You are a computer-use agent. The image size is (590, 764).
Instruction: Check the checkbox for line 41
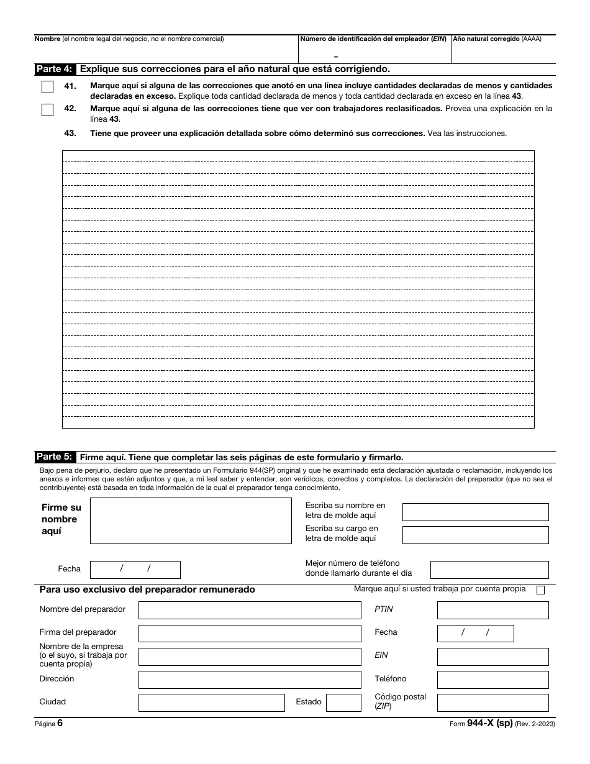pyautogui.click(x=47, y=87)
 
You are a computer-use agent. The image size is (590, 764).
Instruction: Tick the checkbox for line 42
pyautogui.click(x=47, y=110)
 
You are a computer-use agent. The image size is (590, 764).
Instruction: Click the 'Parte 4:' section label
pyautogui.click(x=55, y=69)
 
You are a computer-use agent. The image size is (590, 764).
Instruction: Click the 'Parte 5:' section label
pyautogui.click(x=55, y=457)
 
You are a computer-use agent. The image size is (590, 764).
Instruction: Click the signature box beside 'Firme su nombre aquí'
pyautogui.click(x=191, y=521)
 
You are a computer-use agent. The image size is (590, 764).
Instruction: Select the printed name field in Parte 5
pyautogui.click(x=475, y=512)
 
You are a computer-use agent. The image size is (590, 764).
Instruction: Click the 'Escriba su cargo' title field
pyautogui.click(x=475, y=535)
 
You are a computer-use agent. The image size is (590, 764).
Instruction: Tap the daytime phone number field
pyautogui.click(x=489, y=570)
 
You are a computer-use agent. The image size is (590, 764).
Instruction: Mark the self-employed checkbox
pyautogui.click(x=540, y=590)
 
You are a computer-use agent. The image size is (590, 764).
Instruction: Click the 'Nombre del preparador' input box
pyautogui.click(x=249, y=610)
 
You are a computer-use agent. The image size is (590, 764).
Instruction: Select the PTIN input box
pyautogui.click(x=492, y=610)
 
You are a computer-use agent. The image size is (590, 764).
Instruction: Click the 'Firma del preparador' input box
pyautogui.click(x=249, y=633)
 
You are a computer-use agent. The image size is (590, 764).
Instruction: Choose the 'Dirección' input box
pyautogui.click(x=249, y=680)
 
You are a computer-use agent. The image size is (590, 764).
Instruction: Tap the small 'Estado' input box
pyautogui.click(x=343, y=703)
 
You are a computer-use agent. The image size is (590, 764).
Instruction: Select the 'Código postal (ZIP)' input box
pyautogui.click(x=492, y=703)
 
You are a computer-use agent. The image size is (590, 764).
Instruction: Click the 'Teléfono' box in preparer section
pyautogui.click(x=492, y=680)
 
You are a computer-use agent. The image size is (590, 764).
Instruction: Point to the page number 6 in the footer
pyautogui.click(x=60, y=723)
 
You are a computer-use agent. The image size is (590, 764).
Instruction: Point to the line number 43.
pyautogui.click(x=70, y=133)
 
